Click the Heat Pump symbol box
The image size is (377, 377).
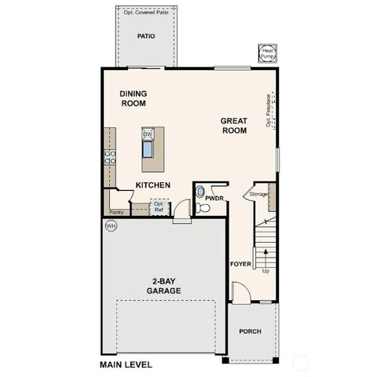tap(268, 52)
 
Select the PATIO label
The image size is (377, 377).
tap(145, 36)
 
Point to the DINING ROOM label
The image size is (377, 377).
tap(134, 97)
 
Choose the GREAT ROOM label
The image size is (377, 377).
tap(234, 126)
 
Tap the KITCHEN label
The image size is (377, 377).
tap(153, 185)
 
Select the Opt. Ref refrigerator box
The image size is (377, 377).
tap(159, 207)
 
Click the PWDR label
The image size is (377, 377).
tap(214, 199)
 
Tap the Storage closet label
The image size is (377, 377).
tap(258, 193)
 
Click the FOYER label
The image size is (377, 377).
tap(240, 264)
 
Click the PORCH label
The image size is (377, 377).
tap(250, 331)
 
